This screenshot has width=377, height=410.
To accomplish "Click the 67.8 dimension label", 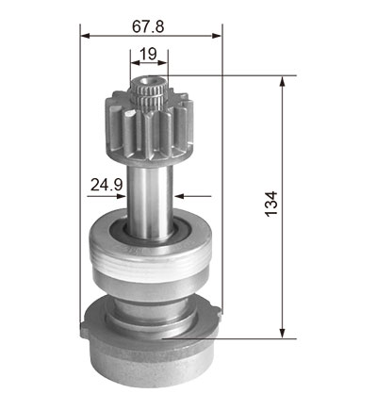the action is click(148, 26).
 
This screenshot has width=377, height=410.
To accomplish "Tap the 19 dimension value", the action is click(148, 54).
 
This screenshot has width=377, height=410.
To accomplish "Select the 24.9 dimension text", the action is click(107, 185).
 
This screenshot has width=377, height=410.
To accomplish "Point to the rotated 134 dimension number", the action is click(271, 204).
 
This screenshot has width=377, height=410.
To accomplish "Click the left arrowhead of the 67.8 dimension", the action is click(85, 36).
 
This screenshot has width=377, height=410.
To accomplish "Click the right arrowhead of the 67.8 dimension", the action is click(217, 36).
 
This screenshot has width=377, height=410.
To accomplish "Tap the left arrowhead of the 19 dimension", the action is click(135, 63).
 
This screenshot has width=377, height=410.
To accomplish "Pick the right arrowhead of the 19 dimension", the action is click(162, 63).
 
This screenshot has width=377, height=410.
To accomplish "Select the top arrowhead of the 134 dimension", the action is click(283, 81).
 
